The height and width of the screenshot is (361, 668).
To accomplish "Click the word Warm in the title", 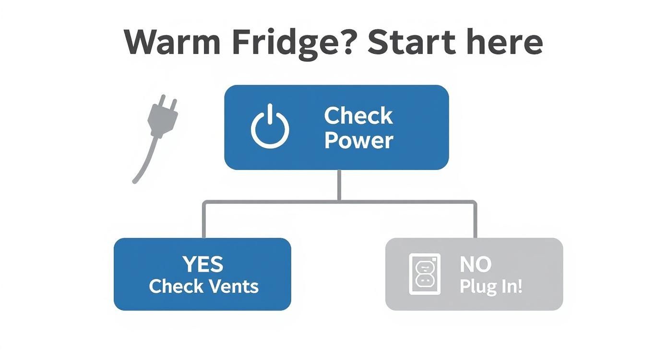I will (172, 42).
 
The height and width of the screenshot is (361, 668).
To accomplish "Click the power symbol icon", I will (270, 127).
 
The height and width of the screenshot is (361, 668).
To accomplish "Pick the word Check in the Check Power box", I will (358, 116).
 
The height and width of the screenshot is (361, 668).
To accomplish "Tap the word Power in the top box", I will (359, 141).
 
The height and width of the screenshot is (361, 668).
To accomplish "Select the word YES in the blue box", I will (203, 265).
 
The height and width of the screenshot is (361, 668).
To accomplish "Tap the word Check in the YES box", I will (175, 287).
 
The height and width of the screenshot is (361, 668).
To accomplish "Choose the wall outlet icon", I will (424, 274).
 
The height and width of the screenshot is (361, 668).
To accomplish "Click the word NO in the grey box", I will (475, 265).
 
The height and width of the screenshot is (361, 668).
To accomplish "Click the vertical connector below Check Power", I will (340, 185).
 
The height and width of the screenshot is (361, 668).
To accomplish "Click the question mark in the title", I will (349, 42).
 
